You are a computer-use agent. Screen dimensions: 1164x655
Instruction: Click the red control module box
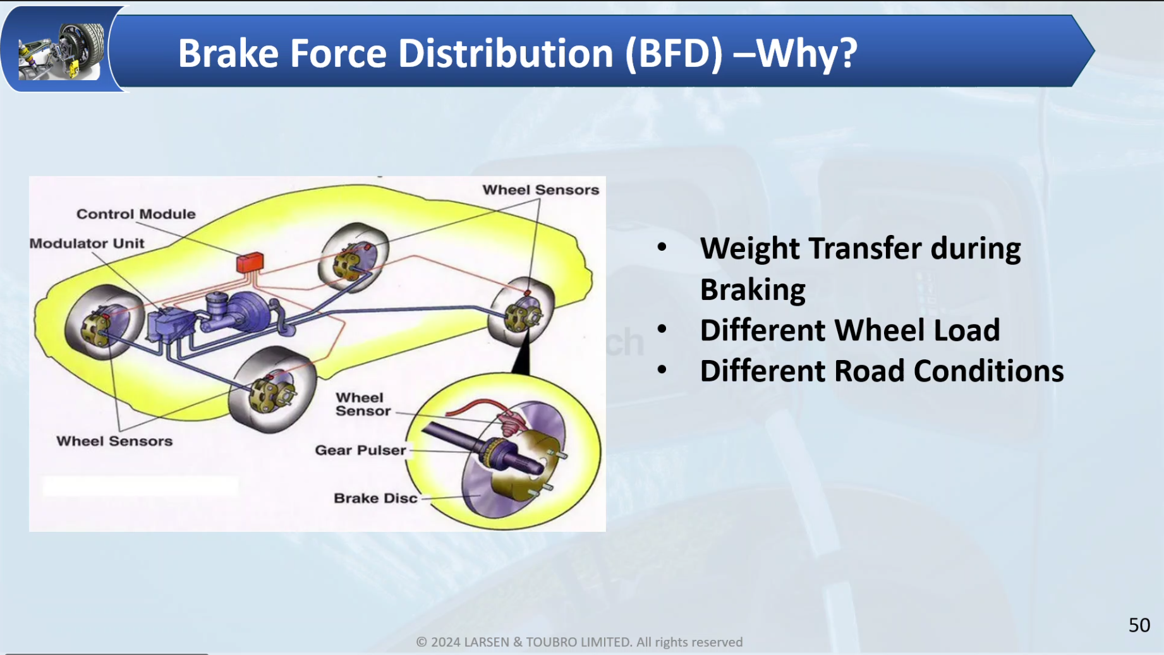(x=250, y=261)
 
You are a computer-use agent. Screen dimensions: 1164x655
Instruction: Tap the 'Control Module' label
(x=136, y=214)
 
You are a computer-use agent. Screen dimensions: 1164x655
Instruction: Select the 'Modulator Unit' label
(x=87, y=243)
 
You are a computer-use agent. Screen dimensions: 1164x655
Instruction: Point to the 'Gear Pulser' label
(x=360, y=450)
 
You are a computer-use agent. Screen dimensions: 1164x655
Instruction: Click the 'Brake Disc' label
(x=375, y=498)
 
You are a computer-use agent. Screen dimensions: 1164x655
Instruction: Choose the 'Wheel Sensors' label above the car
(x=540, y=190)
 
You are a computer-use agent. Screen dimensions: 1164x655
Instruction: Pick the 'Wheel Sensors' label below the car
(x=114, y=441)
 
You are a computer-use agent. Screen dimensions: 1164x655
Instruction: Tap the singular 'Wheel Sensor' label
(x=363, y=404)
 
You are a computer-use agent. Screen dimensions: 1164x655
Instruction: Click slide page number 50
(x=1139, y=625)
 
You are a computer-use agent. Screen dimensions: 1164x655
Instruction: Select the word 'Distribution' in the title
(x=506, y=53)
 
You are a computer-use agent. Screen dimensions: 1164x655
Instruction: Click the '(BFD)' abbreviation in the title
(x=674, y=53)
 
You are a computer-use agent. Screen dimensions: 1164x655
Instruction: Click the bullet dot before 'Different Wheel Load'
(x=662, y=328)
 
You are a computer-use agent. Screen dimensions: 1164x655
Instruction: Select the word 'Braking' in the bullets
(x=753, y=290)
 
